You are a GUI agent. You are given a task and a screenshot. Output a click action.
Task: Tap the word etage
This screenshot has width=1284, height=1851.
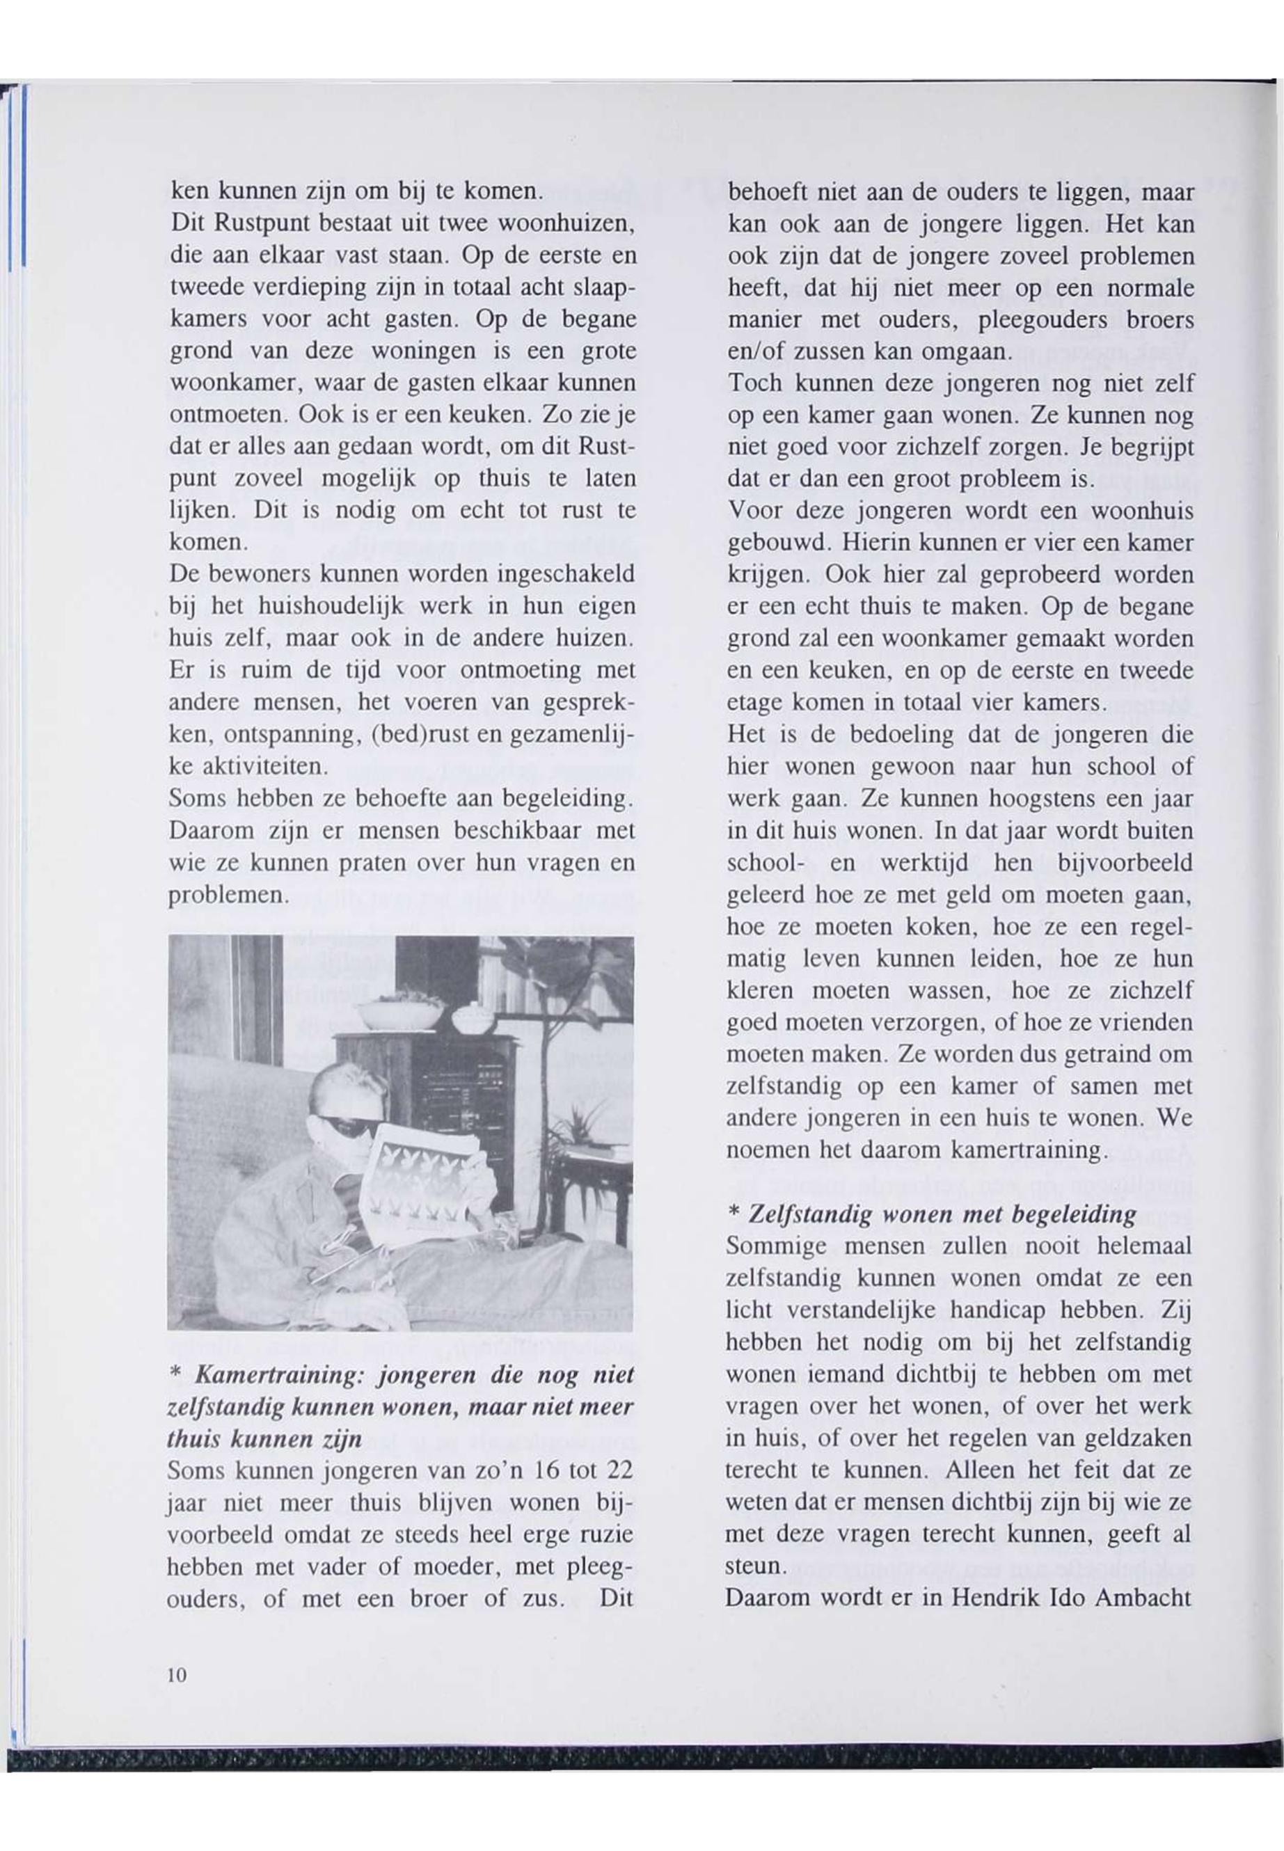(x=754, y=702)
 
